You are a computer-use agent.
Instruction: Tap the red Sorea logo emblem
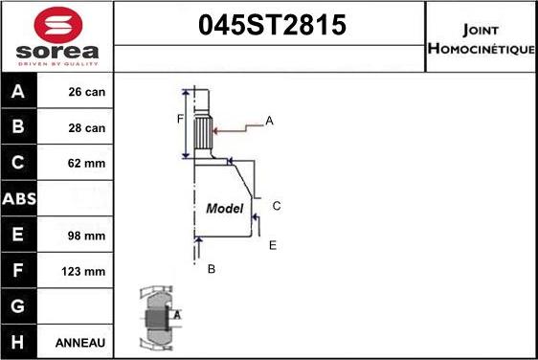56,24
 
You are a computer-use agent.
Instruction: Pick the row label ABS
19,199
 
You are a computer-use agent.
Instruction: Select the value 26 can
87,93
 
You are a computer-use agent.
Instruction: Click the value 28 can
87,128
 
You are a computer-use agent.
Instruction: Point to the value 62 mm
87,164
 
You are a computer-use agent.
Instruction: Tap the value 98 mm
87,236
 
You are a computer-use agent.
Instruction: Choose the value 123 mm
83,271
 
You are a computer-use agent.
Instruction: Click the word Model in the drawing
225,208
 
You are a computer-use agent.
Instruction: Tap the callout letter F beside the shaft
179,119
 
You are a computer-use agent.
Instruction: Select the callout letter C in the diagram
276,206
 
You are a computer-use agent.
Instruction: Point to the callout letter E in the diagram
272,245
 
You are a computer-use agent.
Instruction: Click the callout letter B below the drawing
212,269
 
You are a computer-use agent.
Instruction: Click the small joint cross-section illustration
156,317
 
